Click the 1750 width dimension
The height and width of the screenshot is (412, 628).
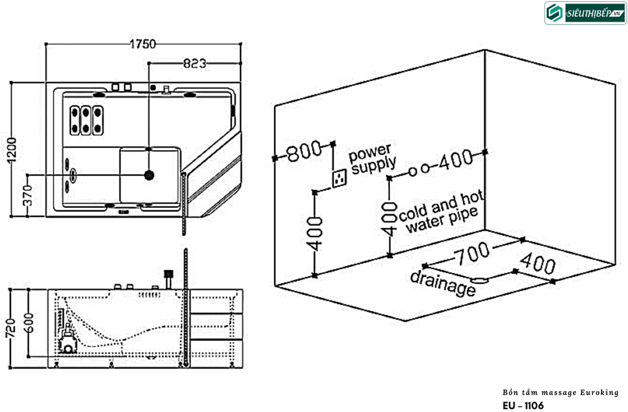click(x=143, y=44)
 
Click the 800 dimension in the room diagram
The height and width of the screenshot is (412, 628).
click(x=304, y=151)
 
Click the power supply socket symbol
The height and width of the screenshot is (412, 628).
click(x=339, y=178)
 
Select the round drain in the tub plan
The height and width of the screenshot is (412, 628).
click(x=149, y=175)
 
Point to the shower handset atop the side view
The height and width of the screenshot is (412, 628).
click(x=167, y=275)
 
